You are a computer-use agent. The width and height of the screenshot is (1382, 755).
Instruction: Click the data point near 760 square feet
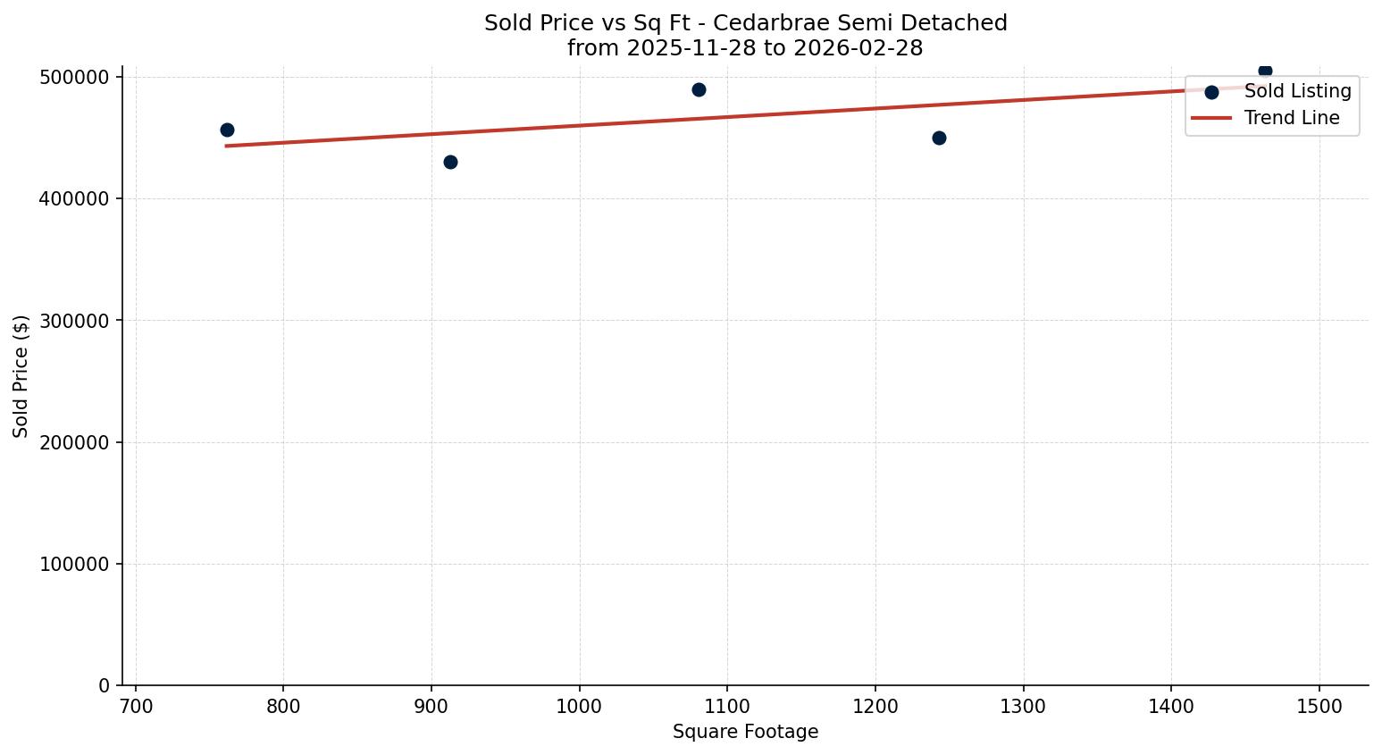(227, 130)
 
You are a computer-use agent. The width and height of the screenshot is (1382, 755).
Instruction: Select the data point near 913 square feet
(450, 162)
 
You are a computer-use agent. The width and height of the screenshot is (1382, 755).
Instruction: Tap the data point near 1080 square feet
(699, 89)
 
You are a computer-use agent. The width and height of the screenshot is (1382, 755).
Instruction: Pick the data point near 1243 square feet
(939, 138)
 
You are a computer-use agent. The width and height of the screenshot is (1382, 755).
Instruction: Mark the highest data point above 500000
(1265, 71)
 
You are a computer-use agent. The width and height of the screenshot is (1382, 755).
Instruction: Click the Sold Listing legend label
(1297, 91)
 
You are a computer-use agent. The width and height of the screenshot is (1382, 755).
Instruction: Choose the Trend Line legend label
(1292, 118)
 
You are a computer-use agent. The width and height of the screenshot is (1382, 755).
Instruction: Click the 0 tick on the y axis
(105, 685)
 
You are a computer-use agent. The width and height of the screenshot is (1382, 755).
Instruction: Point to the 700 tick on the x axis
(136, 706)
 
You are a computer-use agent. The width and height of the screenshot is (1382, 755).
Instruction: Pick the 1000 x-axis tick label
(579, 706)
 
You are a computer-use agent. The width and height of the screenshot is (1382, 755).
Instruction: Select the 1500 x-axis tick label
(1319, 706)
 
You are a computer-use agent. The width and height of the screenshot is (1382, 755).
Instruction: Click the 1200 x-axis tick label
(875, 706)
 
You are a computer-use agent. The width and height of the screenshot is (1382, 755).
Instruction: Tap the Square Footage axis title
(745, 732)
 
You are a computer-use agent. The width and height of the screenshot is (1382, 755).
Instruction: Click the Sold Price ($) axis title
(21, 376)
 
